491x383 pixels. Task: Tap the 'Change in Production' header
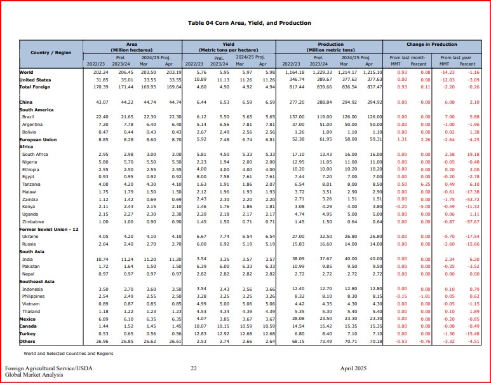point(432,45)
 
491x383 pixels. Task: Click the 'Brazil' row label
point(28,117)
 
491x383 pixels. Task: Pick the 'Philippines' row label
point(34,296)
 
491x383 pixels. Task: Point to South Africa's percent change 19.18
point(467,155)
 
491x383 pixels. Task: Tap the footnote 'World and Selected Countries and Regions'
point(69,353)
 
